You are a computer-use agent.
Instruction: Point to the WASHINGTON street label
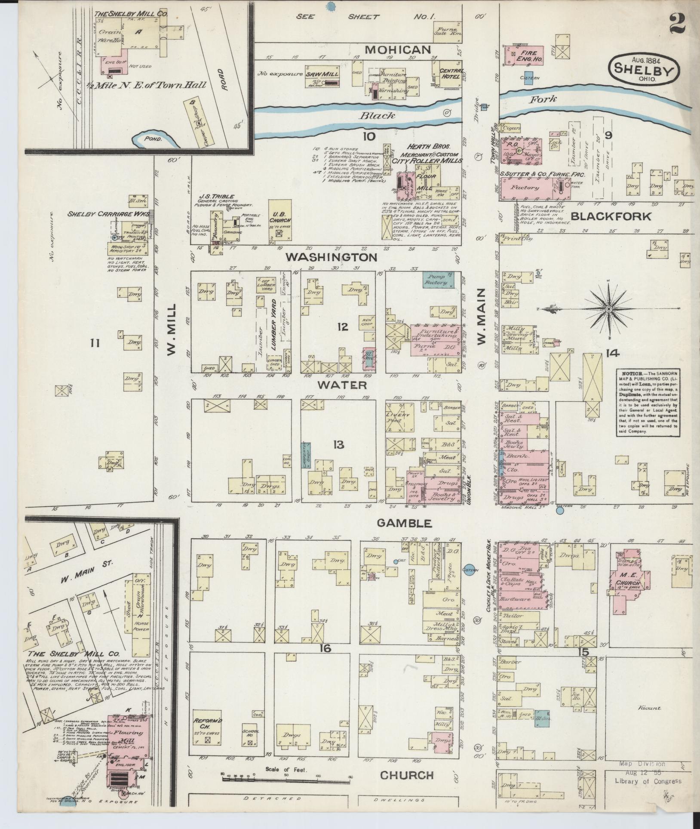[332, 257]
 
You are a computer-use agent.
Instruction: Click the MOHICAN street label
[398, 49]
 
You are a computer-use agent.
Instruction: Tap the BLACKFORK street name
[611, 216]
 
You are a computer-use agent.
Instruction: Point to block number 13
[338, 444]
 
